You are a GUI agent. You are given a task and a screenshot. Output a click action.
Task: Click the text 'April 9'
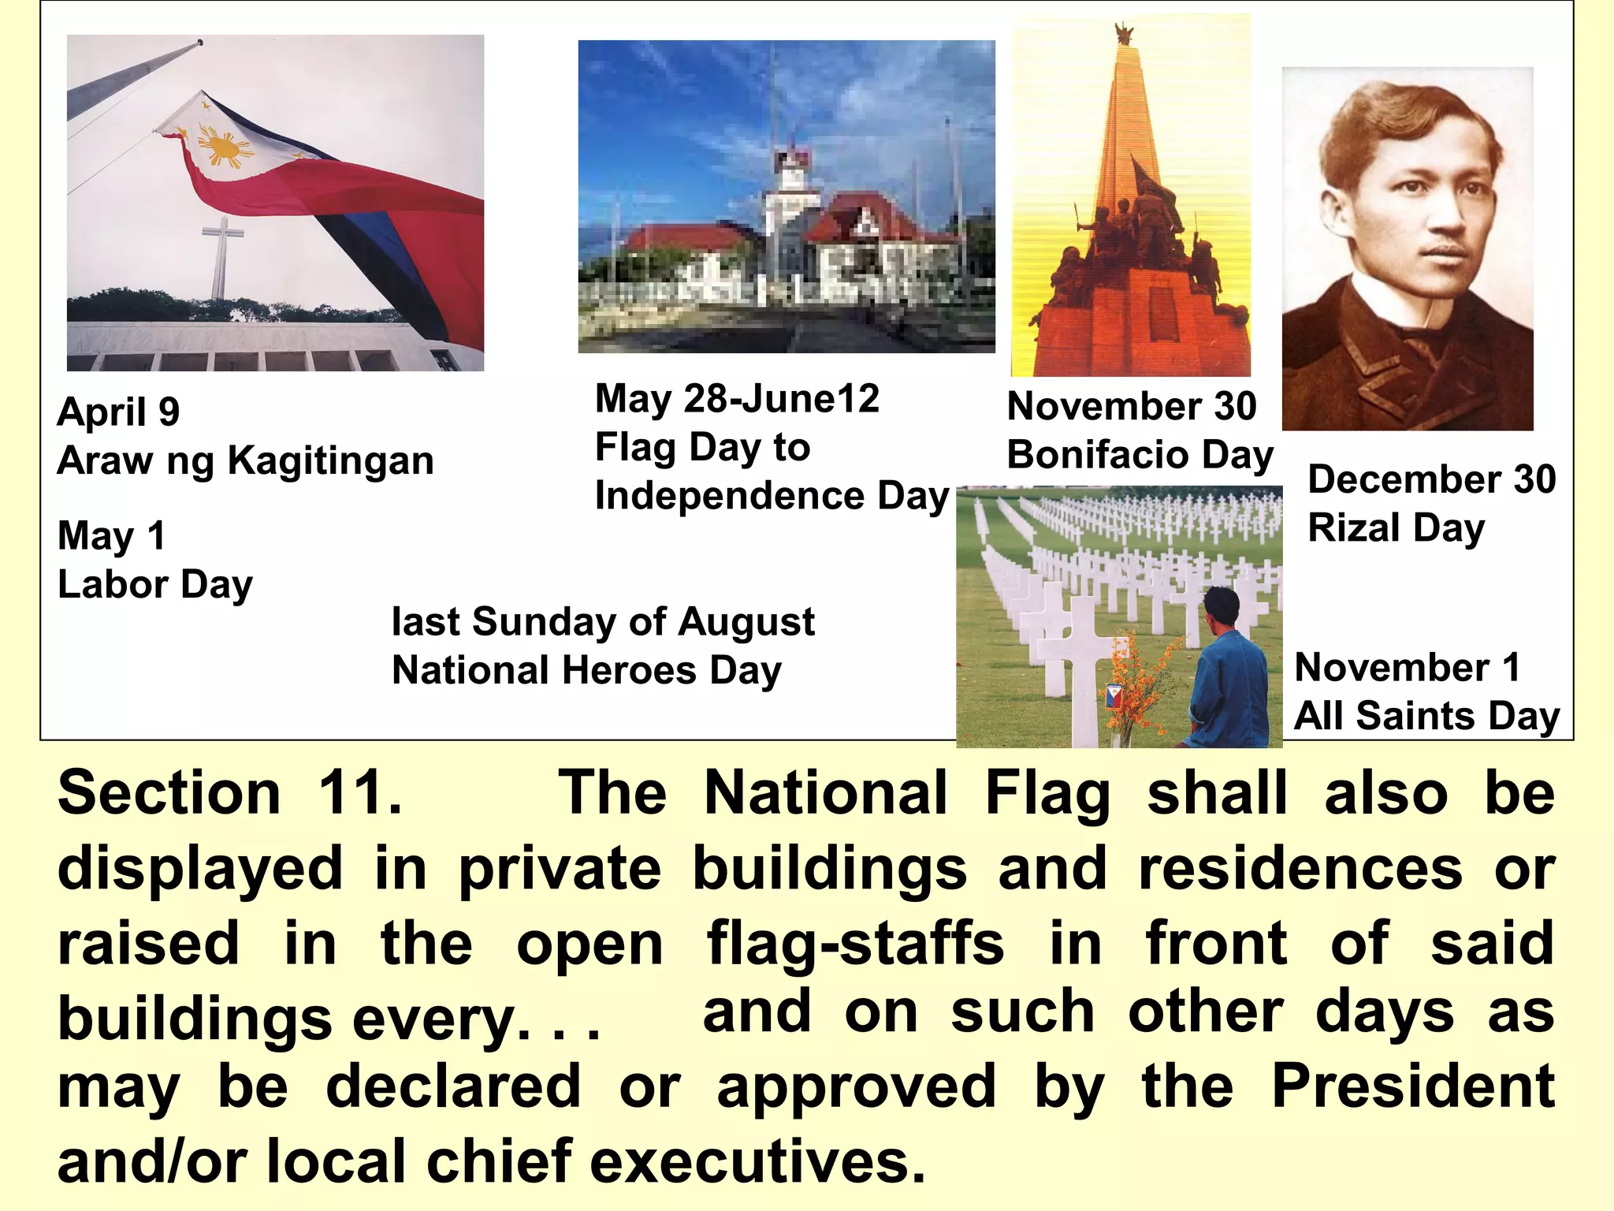pyautogui.click(x=119, y=412)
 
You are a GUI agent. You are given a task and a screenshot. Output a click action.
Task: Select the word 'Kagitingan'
pyautogui.click(x=330, y=460)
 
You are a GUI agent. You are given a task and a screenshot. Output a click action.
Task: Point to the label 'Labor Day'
pyautogui.click(x=155, y=584)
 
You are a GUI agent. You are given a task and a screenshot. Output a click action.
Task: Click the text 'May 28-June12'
pyautogui.click(x=737, y=398)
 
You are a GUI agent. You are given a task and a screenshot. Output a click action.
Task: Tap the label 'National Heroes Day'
pyautogui.click(x=586, y=670)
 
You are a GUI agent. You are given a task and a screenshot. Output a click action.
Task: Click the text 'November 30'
pyautogui.click(x=1132, y=406)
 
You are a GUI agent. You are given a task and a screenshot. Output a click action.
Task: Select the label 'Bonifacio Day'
pyautogui.click(x=1140, y=455)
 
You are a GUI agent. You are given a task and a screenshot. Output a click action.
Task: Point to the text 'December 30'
pyautogui.click(x=1432, y=479)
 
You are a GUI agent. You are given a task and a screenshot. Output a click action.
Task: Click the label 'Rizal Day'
pyautogui.click(x=1396, y=527)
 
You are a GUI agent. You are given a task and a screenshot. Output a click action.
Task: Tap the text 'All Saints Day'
pyautogui.click(x=1427, y=716)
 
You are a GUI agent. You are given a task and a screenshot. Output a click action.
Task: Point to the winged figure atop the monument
pyautogui.click(x=1123, y=35)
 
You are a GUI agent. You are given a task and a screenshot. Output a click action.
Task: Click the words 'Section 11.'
pyautogui.click(x=230, y=792)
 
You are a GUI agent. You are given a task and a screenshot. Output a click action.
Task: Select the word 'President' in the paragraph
pyautogui.click(x=1413, y=1086)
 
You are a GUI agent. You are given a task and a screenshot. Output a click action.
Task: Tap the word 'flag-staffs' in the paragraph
pyautogui.click(x=855, y=944)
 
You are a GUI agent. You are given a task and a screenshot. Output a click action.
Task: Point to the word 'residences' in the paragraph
pyautogui.click(x=1300, y=869)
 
